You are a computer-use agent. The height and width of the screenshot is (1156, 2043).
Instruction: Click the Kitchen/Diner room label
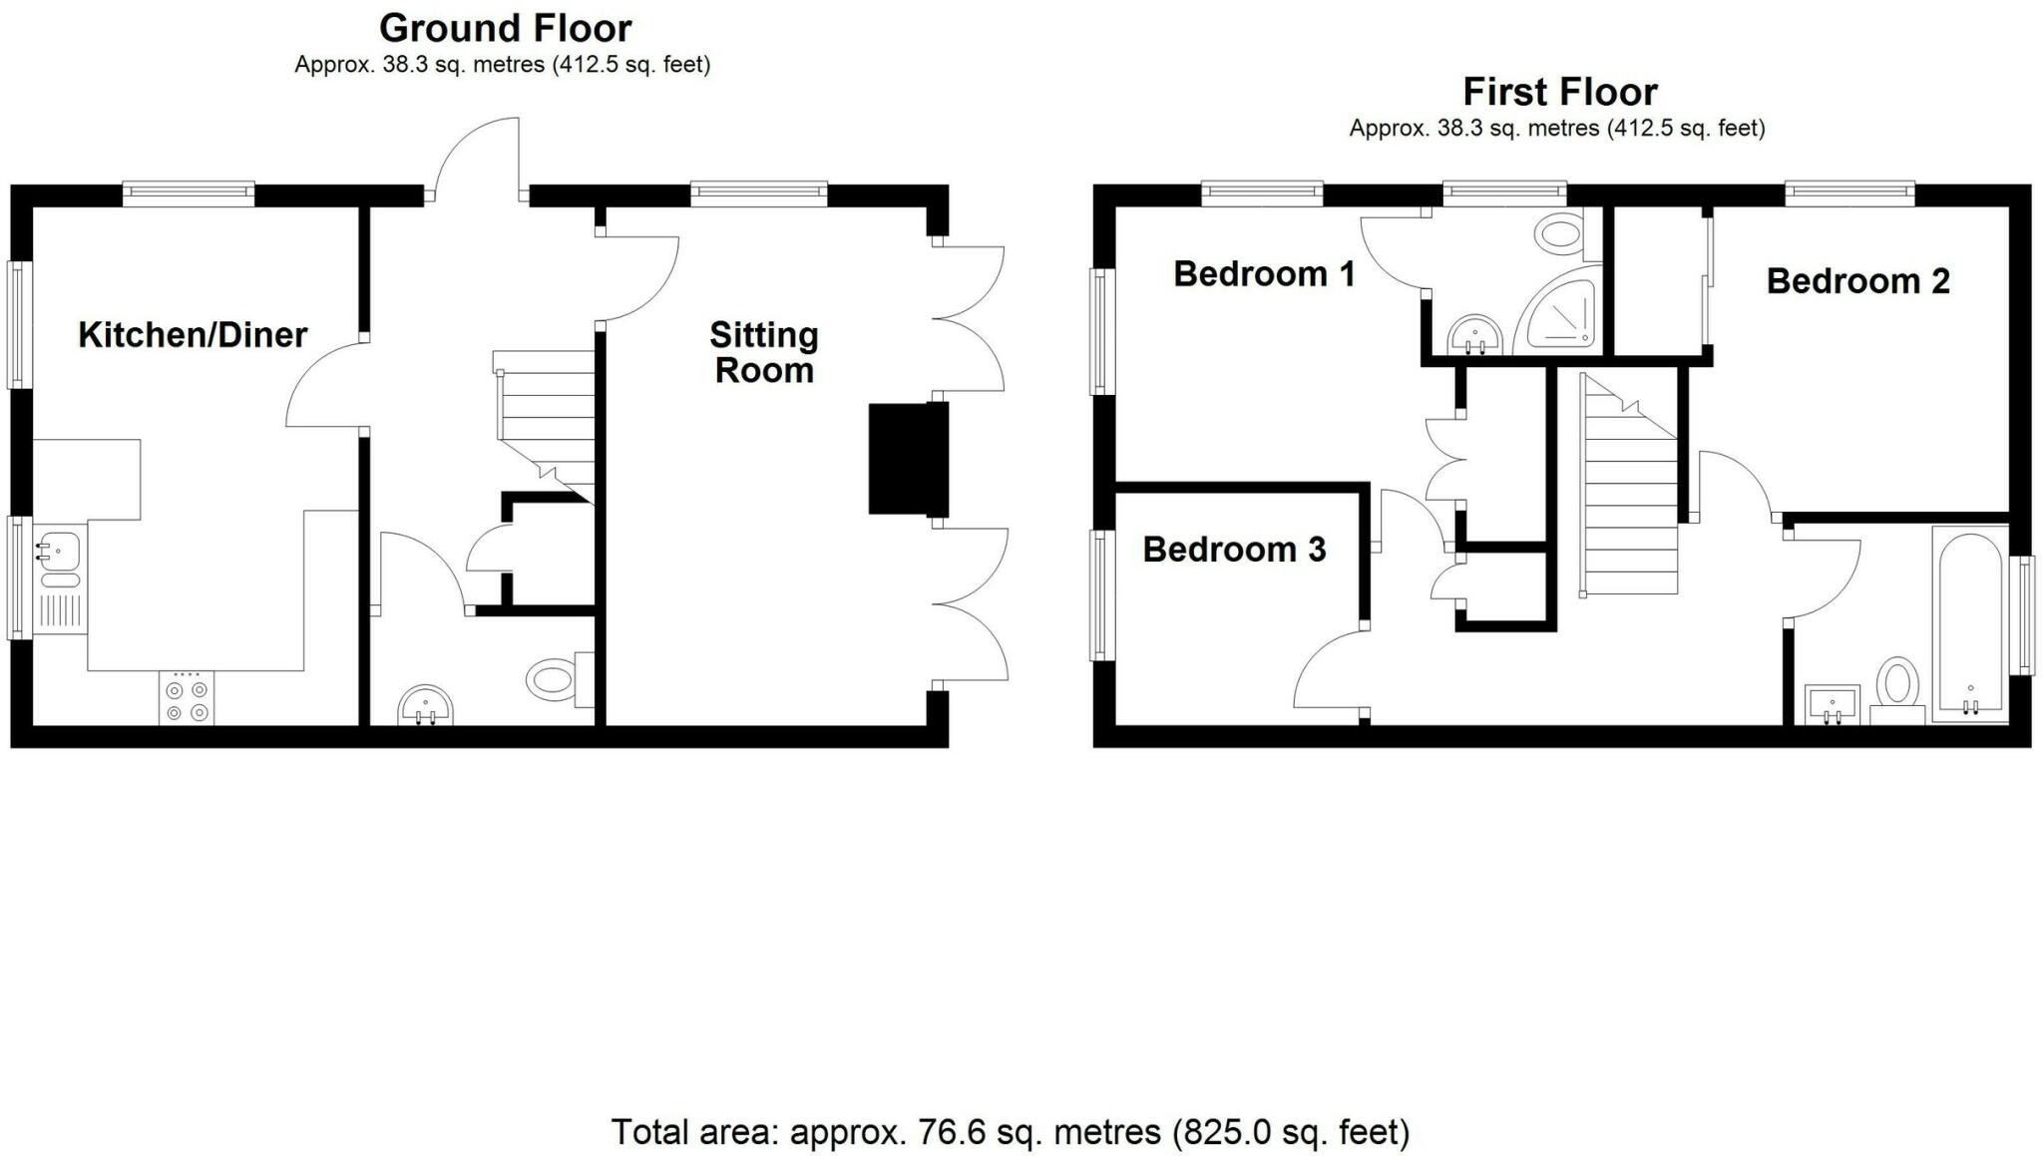point(193,335)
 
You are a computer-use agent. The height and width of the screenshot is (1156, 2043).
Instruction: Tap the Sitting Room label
point(764,352)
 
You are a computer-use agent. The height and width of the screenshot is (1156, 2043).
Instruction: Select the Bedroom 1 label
point(1264,273)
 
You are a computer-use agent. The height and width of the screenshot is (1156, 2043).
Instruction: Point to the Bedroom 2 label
point(1857,281)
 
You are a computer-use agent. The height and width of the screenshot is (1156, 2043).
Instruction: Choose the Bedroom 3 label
point(1234,550)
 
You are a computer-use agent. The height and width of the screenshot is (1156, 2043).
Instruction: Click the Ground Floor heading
point(506,28)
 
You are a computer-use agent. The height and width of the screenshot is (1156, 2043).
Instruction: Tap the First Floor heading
point(1560,92)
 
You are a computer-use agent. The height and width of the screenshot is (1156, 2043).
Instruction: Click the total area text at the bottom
point(1010,1132)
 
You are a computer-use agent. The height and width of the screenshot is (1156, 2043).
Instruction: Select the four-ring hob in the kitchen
point(187,698)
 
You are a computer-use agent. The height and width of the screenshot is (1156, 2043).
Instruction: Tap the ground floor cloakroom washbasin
point(425,706)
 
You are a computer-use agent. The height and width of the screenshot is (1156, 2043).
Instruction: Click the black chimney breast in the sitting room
point(907,459)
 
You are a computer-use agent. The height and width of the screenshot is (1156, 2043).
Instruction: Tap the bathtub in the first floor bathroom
point(1969,624)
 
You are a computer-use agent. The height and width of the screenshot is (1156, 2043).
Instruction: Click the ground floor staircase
point(546,423)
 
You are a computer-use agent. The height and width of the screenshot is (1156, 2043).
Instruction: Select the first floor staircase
point(1630,484)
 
